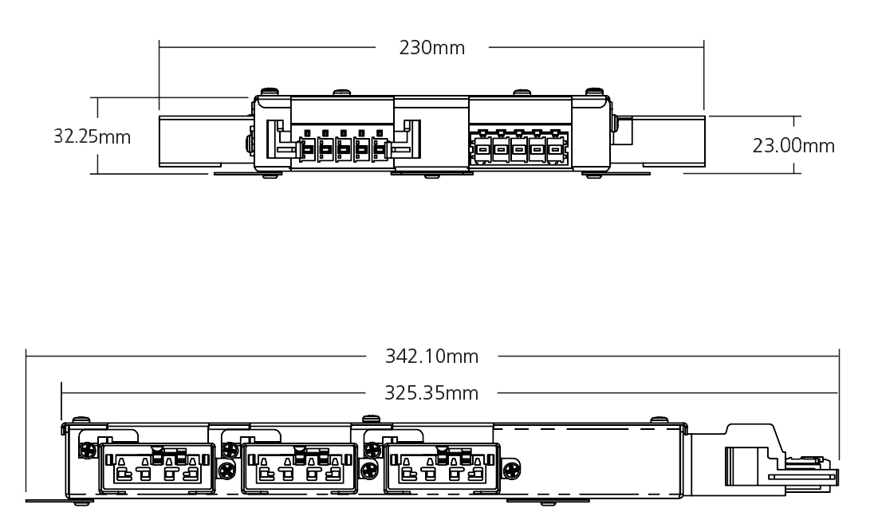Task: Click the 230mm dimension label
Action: tap(431, 48)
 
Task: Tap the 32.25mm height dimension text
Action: tap(92, 136)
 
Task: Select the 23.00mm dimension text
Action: tap(793, 146)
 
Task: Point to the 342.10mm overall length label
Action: tap(431, 357)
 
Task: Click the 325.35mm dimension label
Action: tap(431, 393)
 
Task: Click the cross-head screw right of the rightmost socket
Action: tap(511, 469)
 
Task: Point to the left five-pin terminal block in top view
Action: tap(343, 148)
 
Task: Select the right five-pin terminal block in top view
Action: tap(518, 148)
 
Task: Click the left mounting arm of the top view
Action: tap(204, 141)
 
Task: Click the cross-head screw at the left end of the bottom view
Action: tap(83, 451)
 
